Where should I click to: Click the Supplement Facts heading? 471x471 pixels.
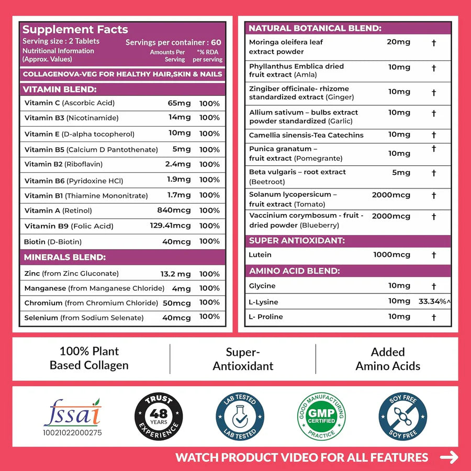point(75,30)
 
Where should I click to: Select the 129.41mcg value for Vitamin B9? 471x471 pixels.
point(171,226)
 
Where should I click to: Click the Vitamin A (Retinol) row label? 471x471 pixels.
point(58,210)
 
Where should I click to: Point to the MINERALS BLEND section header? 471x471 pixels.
point(65,257)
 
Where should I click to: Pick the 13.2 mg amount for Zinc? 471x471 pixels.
point(176,274)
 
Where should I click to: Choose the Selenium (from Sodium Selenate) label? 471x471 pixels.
point(84,318)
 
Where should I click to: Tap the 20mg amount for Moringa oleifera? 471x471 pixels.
point(399,42)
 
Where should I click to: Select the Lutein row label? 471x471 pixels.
point(260,255)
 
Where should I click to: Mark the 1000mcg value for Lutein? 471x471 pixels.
point(391,255)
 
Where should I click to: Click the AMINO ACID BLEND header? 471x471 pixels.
point(294,271)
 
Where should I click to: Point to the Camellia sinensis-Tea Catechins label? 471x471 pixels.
point(306,135)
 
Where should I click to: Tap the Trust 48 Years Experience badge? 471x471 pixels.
point(159,416)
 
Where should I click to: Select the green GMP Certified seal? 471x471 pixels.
point(322,416)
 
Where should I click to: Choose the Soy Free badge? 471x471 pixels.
point(403,416)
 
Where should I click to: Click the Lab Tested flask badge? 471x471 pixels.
point(240,416)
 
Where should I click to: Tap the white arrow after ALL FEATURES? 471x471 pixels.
point(449,457)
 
